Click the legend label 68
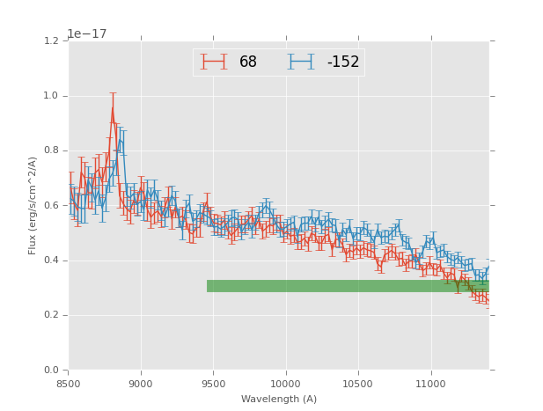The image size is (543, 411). pyautogui.click(x=247, y=62)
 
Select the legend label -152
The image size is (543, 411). pyautogui.click(x=342, y=62)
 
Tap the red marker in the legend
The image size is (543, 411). pyautogui.click(x=213, y=62)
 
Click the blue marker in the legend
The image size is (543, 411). pyautogui.click(x=301, y=62)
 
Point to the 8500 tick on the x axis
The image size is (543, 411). pyautogui.click(x=69, y=384)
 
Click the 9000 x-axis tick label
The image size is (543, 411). pyautogui.click(x=141, y=384)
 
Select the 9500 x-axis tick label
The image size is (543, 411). pyautogui.click(x=213, y=384)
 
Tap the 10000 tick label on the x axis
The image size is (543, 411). pyautogui.click(x=285, y=384)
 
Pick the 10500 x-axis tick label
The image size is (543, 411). pyautogui.click(x=358, y=384)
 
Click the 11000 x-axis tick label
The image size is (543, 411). pyautogui.click(x=430, y=384)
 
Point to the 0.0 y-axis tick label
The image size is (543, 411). pyautogui.click(x=52, y=371)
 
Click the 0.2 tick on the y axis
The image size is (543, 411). pyautogui.click(x=52, y=315)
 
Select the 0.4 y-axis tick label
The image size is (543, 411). pyautogui.click(x=52, y=261)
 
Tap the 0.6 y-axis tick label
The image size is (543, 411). pyautogui.click(x=52, y=206)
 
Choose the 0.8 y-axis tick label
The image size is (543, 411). pyautogui.click(x=52, y=150)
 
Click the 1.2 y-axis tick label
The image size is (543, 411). pyautogui.click(x=52, y=41)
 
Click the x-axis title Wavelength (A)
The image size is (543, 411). pyautogui.click(x=279, y=400)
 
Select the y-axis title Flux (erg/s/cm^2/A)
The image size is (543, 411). pyautogui.click(x=33, y=206)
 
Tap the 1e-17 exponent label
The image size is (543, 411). pyautogui.click(x=87, y=34)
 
